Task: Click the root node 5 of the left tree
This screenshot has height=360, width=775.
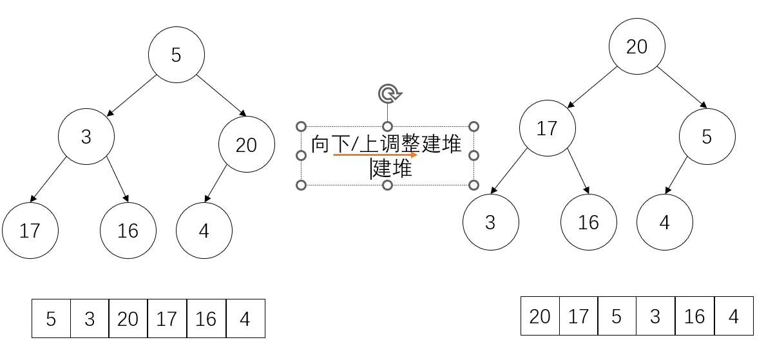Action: (x=177, y=55)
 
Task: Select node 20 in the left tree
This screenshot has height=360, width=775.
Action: (x=246, y=145)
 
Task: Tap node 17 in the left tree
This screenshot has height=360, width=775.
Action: (x=30, y=231)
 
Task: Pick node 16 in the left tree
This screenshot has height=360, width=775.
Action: (x=128, y=231)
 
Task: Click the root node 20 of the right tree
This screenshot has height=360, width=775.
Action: (x=636, y=46)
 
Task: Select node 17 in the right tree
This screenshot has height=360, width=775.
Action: (x=547, y=128)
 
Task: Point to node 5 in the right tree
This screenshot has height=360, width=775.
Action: (x=707, y=137)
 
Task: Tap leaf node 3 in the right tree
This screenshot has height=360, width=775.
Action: (x=490, y=222)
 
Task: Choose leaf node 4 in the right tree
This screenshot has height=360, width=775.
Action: (x=664, y=222)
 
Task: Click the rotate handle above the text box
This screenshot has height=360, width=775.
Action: (x=388, y=95)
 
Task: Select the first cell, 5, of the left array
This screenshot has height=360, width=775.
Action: (x=51, y=318)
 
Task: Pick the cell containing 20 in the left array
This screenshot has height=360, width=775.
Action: (x=128, y=318)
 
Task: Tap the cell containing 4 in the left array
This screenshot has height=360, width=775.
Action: (x=245, y=318)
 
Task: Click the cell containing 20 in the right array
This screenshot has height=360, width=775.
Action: (x=540, y=316)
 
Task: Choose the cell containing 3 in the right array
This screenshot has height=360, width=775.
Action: (x=655, y=316)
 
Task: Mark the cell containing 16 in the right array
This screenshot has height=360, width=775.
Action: (x=694, y=316)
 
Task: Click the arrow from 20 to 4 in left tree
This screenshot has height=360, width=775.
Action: (x=216, y=184)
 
